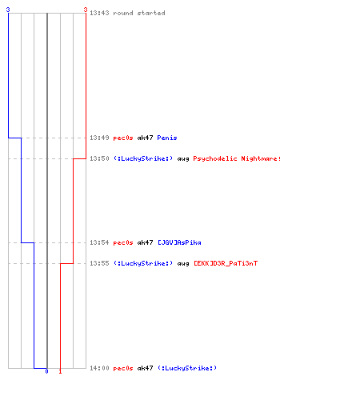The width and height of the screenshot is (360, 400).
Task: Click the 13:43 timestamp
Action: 99,13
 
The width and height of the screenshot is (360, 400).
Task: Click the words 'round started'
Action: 139,13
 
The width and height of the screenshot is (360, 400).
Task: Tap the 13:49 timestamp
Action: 99,138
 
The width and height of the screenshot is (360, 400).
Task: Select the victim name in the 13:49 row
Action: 167,138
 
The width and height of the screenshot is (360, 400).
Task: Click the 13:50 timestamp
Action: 99,158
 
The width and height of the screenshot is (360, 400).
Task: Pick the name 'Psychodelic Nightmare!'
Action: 237,158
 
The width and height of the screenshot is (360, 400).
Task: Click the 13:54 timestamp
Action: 99,242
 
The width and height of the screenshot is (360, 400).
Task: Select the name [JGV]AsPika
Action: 179,242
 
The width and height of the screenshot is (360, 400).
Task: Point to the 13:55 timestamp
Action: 99,263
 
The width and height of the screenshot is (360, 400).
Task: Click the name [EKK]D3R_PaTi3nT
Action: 226,263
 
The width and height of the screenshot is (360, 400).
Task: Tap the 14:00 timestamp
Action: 99,368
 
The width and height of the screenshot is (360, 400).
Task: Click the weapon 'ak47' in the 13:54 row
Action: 145,242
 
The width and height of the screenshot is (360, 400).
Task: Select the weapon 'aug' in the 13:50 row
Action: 183,159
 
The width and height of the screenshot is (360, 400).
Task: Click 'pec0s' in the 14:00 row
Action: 123,369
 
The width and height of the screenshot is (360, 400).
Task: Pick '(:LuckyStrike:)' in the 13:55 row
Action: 143,263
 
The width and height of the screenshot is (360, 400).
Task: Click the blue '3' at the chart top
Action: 8,10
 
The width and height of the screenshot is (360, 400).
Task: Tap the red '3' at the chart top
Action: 86,10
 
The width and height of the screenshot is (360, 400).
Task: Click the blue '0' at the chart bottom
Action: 46,371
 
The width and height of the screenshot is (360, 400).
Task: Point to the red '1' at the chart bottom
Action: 60,371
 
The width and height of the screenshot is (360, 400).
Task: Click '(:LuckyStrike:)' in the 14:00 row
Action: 187,368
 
